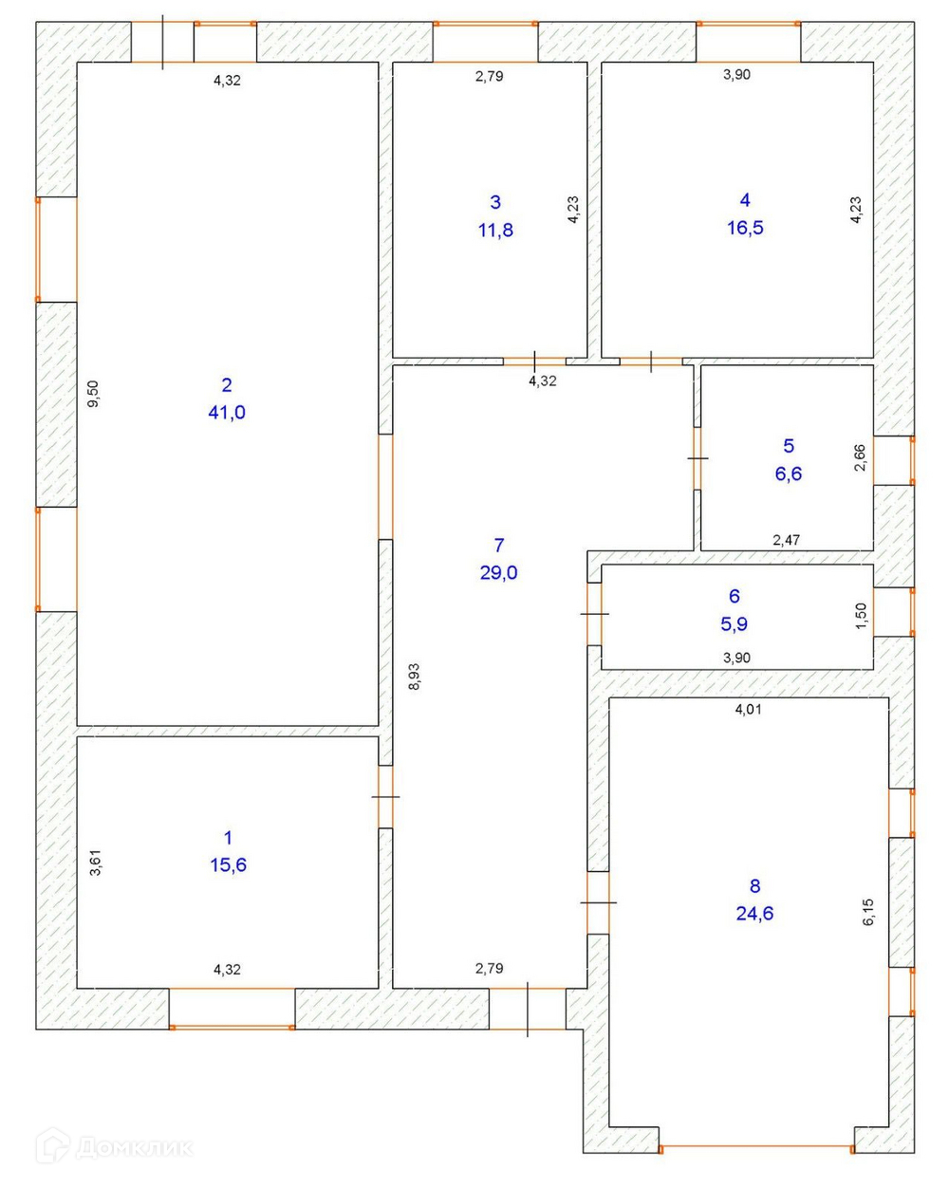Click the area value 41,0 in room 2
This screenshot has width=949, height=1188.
pos(226,413)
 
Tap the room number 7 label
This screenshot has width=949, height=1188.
pos(498,545)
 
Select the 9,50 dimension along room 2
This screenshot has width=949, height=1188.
pos(93,393)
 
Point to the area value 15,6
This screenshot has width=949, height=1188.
pos(228,865)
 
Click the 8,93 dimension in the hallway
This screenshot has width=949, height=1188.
pos(414,676)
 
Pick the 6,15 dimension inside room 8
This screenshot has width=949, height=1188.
pos(868,913)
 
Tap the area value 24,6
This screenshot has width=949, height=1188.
pos(754,914)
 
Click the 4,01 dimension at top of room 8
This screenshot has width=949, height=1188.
pos(748,709)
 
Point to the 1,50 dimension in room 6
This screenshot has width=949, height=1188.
pos(862,616)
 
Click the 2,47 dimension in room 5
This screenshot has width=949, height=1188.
pos(786,540)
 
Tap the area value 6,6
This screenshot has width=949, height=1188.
pos(788,473)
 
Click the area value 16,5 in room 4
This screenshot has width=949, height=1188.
pos(745,228)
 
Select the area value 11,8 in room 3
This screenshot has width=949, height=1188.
pos(495,230)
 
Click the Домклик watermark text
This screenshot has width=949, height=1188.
pos(133,1148)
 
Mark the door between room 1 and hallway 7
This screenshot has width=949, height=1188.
pos(385,797)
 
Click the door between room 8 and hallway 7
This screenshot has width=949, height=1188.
pos(597,902)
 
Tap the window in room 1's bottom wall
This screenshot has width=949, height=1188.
pos(233,1026)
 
